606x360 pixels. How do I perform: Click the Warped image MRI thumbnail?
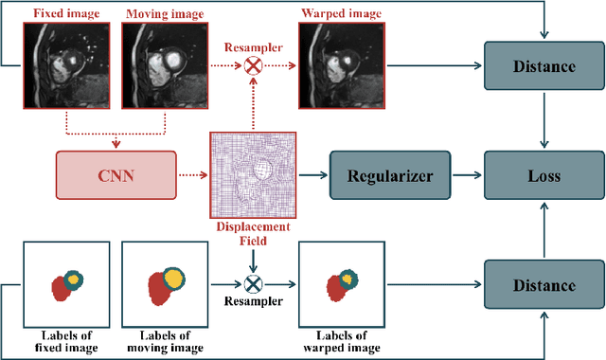pos(334,64)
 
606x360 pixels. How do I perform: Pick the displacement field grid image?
pos(252,175)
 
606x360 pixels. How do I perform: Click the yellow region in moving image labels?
pos(173,277)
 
